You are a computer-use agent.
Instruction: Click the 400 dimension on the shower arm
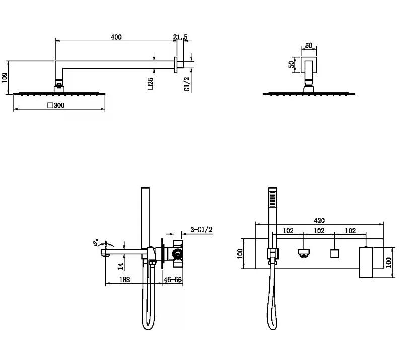point(116,37)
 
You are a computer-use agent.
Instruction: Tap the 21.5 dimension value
point(180,37)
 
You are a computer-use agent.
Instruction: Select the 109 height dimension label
point(5,78)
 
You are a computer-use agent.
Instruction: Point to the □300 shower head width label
point(56,105)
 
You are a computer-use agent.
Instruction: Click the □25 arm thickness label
point(150,83)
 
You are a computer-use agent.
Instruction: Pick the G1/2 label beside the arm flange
point(187,84)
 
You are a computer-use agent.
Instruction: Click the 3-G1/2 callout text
point(201,229)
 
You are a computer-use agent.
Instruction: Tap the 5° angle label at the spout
point(96,242)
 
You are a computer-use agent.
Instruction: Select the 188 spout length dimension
point(125,280)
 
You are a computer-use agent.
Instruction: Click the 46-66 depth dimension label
point(173,280)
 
